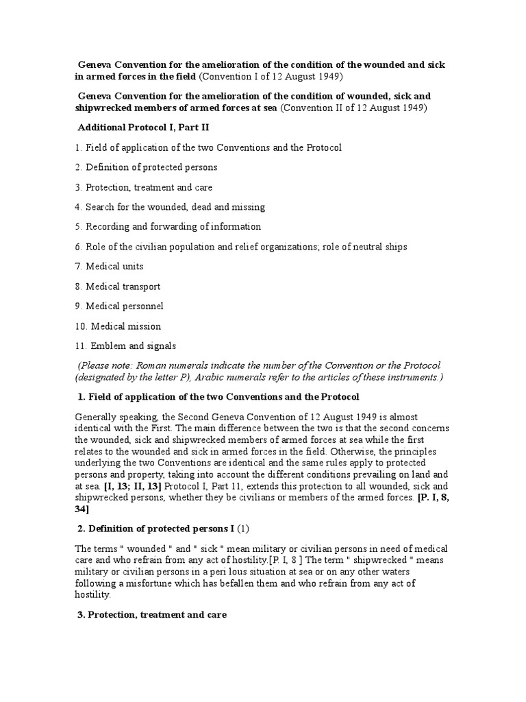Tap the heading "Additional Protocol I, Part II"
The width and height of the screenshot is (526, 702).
point(136,128)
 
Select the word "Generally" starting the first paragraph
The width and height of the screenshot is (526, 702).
point(95,417)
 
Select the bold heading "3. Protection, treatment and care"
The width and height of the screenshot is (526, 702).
point(151,615)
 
